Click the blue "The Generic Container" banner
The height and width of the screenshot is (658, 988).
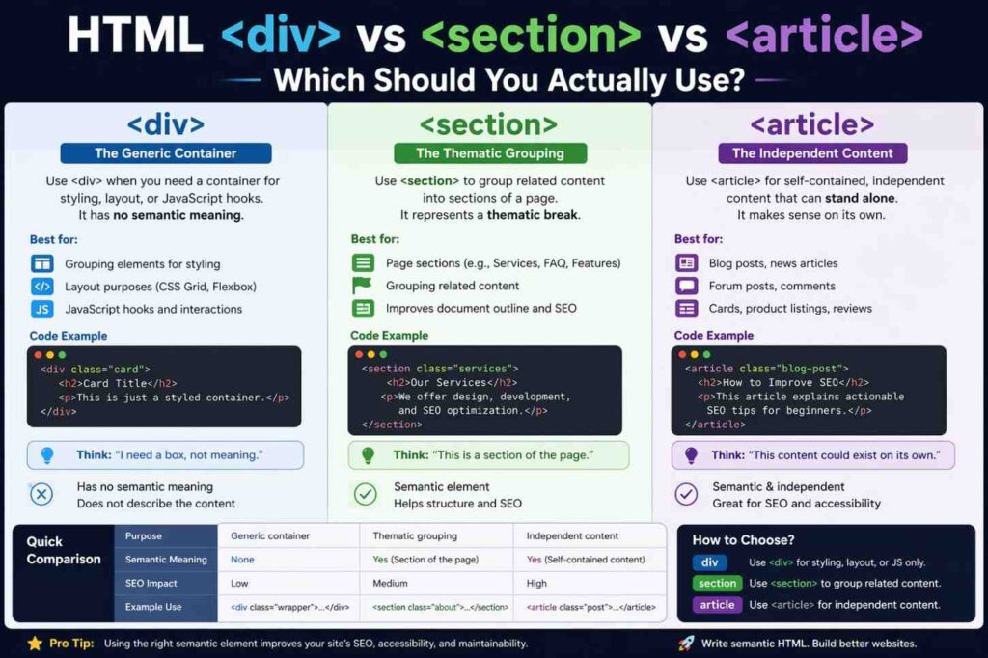166,152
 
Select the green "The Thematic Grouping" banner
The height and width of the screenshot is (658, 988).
490,152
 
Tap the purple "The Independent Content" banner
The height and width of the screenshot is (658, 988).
812,152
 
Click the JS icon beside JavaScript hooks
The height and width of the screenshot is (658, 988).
41,310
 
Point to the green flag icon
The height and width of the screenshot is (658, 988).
363,286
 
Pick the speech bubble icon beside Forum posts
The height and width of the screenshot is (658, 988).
687,286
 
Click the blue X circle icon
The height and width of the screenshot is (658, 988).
41,494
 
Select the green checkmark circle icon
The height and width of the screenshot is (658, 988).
365,494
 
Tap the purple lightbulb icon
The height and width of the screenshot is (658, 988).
691,455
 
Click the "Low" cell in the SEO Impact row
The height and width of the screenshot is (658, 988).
239,583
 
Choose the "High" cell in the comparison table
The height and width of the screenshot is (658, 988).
536,583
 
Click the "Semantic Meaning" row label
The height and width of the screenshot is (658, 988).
166,560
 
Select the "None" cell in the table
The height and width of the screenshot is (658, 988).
242,560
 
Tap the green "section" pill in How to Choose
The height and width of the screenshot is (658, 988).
718,583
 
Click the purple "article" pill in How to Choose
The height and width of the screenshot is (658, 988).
718,605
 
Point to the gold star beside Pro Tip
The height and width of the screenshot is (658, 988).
35,643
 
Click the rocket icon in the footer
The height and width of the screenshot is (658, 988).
686,643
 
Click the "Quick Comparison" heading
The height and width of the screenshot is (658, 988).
63,550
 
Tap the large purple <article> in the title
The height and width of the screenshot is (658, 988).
823,36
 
